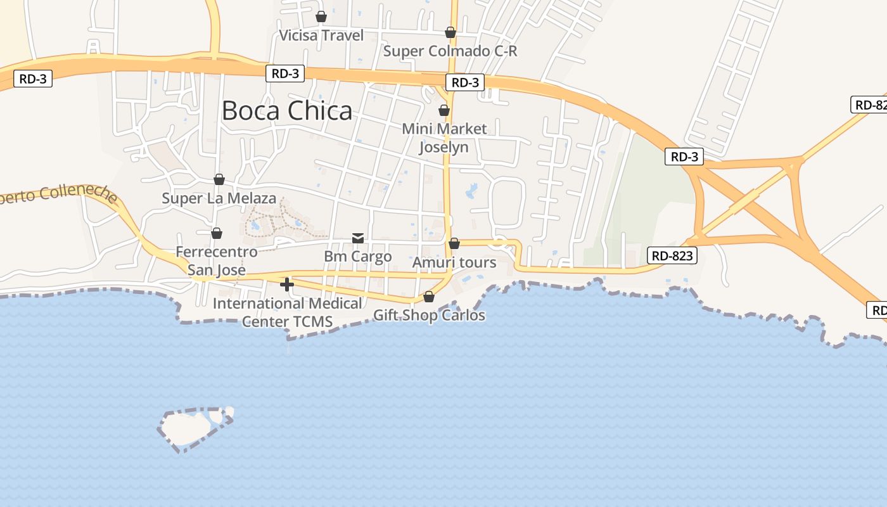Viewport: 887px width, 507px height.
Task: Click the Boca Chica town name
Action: [286, 111]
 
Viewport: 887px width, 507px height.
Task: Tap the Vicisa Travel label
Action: [322, 35]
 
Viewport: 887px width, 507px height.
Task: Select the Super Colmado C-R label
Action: [450, 51]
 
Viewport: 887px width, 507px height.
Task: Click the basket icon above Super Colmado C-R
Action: [450, 32]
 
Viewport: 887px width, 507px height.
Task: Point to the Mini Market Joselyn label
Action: [444, 138]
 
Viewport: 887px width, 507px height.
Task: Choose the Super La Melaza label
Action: [219, 198]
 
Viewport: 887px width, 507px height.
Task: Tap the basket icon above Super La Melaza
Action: [219, 179]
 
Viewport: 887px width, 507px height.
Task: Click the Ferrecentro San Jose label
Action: [217, 260]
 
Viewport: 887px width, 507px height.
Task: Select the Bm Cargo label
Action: [358, 257]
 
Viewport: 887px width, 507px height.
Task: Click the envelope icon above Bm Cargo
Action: [358, 238]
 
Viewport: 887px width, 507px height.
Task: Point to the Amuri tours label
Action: [454, 262]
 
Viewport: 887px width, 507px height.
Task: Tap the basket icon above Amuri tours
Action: [454, 243]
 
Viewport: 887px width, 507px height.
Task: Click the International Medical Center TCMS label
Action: [287, 312]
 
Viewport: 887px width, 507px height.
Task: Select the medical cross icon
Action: [287, 285]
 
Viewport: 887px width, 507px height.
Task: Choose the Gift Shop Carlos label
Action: [429, 315]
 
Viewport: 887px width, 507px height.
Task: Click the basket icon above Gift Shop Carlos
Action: [429, 297]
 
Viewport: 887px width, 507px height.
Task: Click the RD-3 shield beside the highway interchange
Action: [684, 157]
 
